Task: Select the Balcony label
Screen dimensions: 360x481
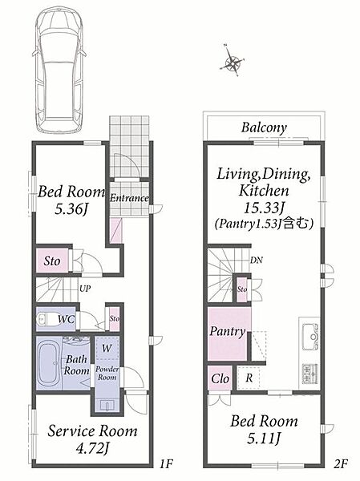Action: (x=264, y=127)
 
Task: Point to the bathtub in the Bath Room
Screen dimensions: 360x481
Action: (x=49, y=363)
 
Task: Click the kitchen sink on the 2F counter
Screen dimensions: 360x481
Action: (x=310, y=337)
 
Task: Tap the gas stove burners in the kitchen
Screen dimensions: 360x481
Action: (x=310, y=374)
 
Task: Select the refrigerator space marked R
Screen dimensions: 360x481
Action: (x=249, y=378)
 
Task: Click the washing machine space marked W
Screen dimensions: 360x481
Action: (x=107, y=348)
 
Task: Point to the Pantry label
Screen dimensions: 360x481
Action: (x=228, y=331)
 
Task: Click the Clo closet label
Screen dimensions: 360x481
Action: (x=220, y=379)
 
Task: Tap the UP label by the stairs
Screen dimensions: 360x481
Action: (x=85, y=289)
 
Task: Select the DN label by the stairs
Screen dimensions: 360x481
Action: (x=257, y=260)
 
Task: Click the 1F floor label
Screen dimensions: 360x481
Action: (x=167, y=464)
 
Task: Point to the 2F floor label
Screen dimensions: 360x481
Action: (x=340, y=463)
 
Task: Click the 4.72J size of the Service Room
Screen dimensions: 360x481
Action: (x=92, y=450)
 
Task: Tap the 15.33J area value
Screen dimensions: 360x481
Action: (x=263, y=208)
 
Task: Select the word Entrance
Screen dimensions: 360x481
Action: (x=129, y=198)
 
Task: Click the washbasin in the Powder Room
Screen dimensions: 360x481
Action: (x=107, y=405)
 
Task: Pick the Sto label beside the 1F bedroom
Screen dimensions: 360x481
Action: (x=52, y=261)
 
